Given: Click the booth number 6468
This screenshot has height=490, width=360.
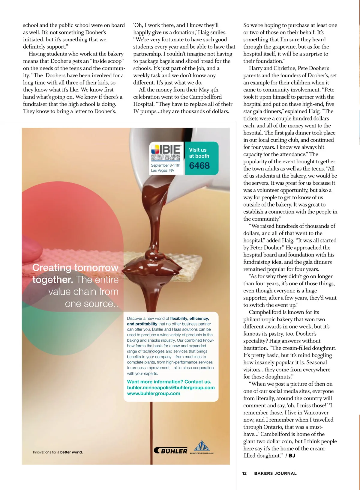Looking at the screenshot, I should click(199, 165).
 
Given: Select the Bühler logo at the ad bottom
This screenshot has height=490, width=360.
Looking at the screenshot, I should click(171, 450).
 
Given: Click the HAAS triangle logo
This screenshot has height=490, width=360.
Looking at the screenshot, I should click(202, 446).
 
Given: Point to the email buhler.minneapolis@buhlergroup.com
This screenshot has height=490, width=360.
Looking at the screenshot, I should click(171, 388).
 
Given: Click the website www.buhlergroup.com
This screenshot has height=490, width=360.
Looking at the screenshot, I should click(154, 393).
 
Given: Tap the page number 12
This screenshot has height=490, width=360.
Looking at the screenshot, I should click(244, 474).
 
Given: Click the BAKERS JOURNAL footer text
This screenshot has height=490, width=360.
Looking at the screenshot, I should click(275, 474).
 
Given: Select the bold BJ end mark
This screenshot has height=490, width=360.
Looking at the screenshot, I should click(292, 456).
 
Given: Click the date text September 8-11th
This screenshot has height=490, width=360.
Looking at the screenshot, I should click(166, 165).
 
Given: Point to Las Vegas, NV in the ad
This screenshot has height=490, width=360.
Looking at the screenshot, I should click(162, 170).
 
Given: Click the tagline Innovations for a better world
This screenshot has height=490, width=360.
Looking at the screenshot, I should click(58, 452).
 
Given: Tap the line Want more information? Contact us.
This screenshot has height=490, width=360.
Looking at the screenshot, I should click(169, 382).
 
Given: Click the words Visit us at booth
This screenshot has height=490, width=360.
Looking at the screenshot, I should click(199, 153).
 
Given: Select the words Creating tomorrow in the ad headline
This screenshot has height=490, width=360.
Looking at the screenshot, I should click(75, 267).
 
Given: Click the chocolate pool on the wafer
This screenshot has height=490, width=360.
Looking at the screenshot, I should click(153, 265).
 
